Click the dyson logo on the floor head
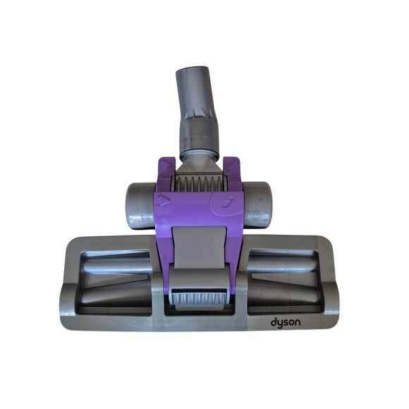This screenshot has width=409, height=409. pyautogui.click(x=286, y=323)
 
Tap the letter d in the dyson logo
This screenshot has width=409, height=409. pyautogui.click(x=274, y=322)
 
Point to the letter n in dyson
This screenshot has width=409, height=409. pyautogui.click(x=298, y=323)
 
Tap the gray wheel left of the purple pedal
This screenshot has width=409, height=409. pyautogui.click(x=141, y=206)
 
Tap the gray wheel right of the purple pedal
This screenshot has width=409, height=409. pyautogui.click(x=257, y=205)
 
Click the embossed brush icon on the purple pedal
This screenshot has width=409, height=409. pyautogui.click(x=164, y=202)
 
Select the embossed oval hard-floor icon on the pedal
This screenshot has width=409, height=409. pyautogui.click(x=228, y=203)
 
